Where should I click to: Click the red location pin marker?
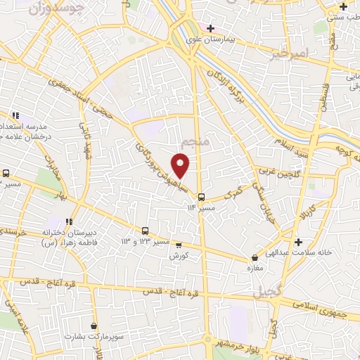pos(181,167)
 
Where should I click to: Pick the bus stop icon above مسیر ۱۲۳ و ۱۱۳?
pos(145,230)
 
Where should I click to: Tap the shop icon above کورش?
pos(179,245)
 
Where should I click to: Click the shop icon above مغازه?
pos(255,258)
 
